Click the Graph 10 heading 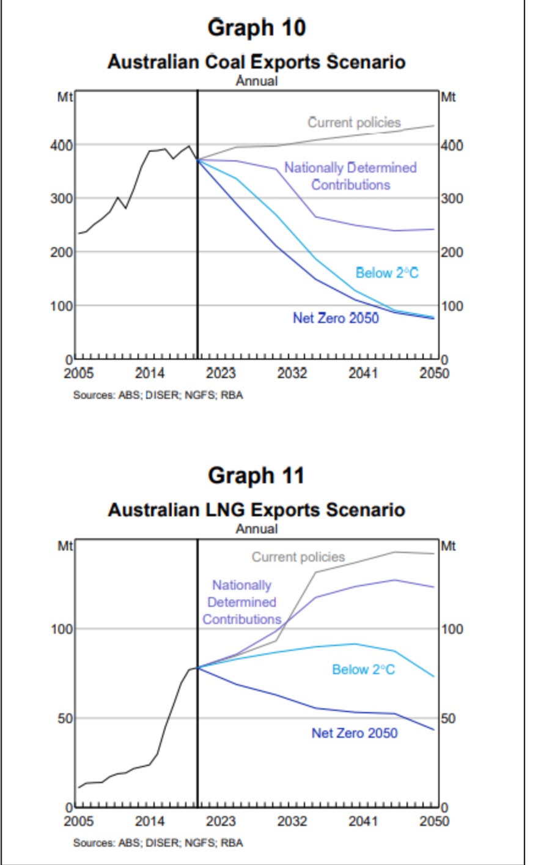(x=256, y=28)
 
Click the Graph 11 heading (x=256, y=476)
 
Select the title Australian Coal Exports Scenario (x=256, y=62)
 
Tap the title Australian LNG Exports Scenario (x=256, y=510)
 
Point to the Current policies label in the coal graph (x=354, y=122)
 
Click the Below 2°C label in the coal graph (x=387, y=273)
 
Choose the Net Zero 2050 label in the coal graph (x=336, y=318)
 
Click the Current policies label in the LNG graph (x=298, y=557)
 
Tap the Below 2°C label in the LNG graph (x=363, y=669)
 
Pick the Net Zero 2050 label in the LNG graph (x=355, y=733)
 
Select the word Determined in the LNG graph (x=242, y=602)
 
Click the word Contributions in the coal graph (x=350, y=185)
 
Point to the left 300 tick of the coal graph (x=62, y=198)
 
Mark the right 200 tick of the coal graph (x=452, y=252)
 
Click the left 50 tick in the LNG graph (x=65, y=718)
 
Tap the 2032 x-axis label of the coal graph (x=292, y=373)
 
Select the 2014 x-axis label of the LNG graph (x=149, y=821)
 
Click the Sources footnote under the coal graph (x=158, y=395)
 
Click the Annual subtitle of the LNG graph (x=257, y=529)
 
